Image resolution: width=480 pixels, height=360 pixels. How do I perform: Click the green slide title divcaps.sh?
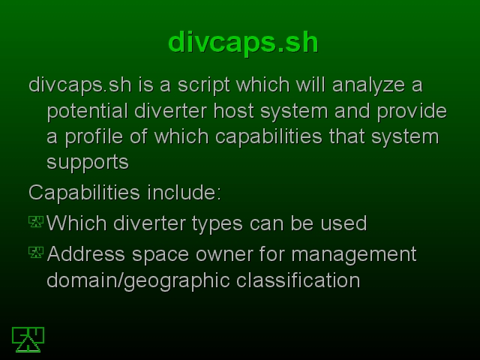pos(243,43)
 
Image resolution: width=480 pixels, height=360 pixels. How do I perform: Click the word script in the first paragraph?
pos(203,85)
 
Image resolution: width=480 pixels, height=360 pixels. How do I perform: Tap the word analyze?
pos(368,85)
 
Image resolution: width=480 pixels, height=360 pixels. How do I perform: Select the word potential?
pos(87,111)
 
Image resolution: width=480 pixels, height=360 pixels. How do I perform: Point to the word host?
pos(233,111)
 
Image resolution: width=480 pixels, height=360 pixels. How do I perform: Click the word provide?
pos(412,111)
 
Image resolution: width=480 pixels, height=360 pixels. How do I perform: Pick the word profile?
pos(94,136)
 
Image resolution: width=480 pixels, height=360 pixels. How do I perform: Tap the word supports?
pos(88,163)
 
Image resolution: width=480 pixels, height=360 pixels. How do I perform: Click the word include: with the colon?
pos(184,193)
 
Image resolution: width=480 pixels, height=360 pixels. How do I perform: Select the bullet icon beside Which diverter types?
pos(36,222)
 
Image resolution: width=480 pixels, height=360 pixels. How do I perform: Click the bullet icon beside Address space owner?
pos(36,252)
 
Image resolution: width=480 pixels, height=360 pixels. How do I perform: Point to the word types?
pos(217,223)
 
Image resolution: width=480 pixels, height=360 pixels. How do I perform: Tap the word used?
pos(343,223)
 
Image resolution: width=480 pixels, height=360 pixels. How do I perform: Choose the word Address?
pos(86,253)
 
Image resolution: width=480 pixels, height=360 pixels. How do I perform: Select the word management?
pos(354,255)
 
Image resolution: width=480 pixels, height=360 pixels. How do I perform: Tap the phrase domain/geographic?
pos(138,280)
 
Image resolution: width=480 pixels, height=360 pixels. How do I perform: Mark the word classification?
pos(298,280)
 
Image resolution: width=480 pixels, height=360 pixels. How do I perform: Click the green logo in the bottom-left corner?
pos(28,340)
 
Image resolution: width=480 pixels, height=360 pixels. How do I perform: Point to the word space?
pos(160,255)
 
